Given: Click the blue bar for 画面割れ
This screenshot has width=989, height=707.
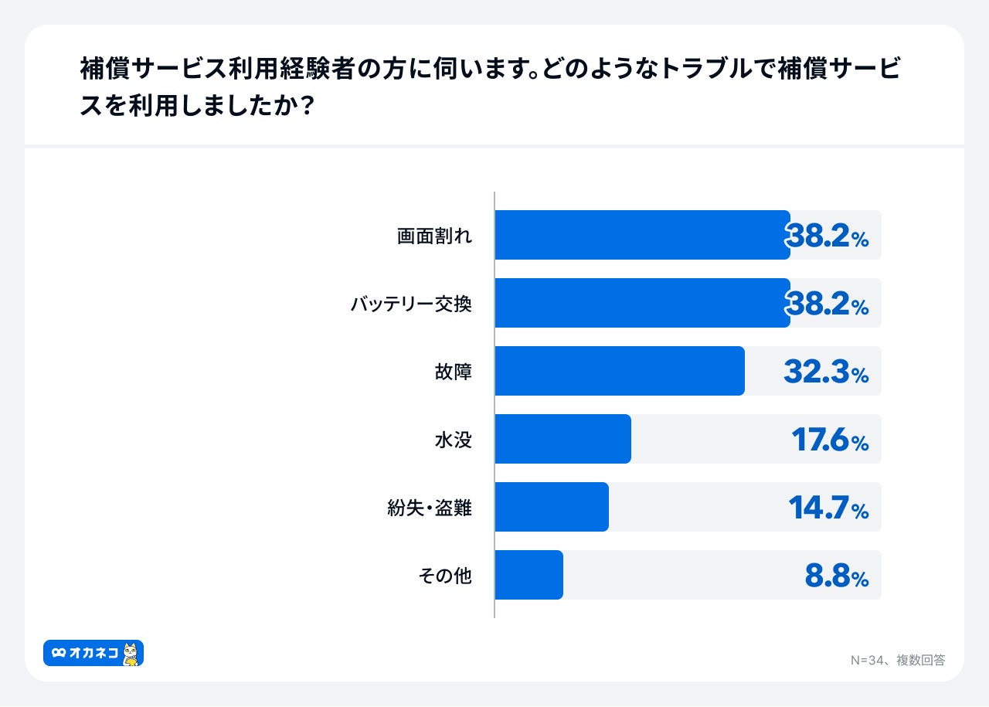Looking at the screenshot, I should tap(641, 235).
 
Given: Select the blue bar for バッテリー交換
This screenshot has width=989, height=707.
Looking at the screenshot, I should tap(641, 303).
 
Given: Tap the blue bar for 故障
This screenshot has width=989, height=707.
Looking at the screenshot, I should tap(619, 371).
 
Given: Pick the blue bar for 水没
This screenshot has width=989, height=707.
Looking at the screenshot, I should tap(562, 439).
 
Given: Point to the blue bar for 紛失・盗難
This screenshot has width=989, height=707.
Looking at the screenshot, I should tap(551, 507).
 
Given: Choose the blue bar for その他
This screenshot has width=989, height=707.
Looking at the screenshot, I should tap(528, 575).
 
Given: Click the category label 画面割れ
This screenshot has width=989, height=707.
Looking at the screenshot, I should tap(433, 236).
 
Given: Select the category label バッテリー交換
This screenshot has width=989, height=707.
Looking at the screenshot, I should tap(410, 304).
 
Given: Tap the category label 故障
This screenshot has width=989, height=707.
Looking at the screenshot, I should tap(453, 372).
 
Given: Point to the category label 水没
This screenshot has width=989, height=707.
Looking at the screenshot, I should tap(453, 440).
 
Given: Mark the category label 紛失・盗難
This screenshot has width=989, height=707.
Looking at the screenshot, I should tap(429, 508).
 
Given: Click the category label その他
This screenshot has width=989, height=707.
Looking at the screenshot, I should tap(444, 576).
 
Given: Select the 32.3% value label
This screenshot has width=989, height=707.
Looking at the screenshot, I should tap(826, 372).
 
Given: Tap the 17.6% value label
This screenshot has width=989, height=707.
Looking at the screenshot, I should tap(830, 440).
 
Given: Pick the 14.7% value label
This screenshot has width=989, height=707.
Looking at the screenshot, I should tap(828, 508).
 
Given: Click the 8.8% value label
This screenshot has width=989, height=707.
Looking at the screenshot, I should tap(837, 576).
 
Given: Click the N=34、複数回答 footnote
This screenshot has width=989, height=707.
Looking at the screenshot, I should tap(897, 660).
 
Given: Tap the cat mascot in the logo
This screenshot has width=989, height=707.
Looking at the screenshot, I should tap(131, 654).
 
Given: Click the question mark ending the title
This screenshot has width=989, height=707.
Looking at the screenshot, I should tap(305, 106).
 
